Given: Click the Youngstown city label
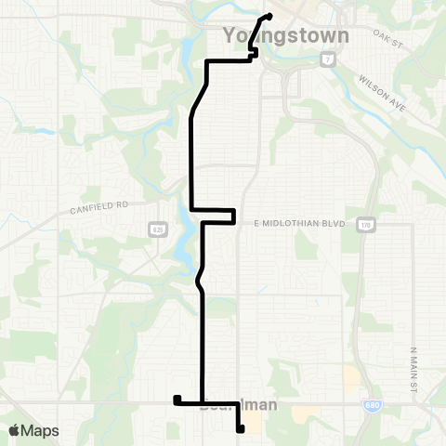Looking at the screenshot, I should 286,36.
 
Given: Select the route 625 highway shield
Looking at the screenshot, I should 159,228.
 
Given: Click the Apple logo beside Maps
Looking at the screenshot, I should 15,430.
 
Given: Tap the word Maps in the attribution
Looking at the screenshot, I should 41,430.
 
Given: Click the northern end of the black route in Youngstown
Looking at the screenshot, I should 269,16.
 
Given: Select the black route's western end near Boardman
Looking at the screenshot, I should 176,400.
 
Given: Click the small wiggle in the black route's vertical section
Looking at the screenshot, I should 198,278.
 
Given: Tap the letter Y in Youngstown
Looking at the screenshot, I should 230,36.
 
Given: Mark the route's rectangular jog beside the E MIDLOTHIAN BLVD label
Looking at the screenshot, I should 233,216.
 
